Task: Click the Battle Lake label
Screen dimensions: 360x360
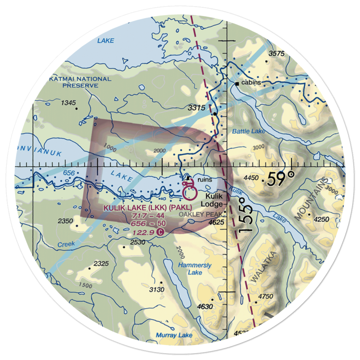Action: (x=248, y=131)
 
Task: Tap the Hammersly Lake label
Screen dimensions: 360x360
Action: (x=194, y=269)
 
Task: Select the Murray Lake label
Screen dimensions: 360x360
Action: (x=174, y=335)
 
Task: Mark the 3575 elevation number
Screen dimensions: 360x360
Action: (x=276, y=54)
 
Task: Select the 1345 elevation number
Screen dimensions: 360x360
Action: (x=68, y=103)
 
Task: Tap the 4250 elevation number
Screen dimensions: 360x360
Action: (x=321, y=220)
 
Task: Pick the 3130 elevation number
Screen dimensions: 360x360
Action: (x=156, y=290)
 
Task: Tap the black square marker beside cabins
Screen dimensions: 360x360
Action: (x=237, y=84)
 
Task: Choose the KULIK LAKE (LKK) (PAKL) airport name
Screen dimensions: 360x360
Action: (x=148, y=208)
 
